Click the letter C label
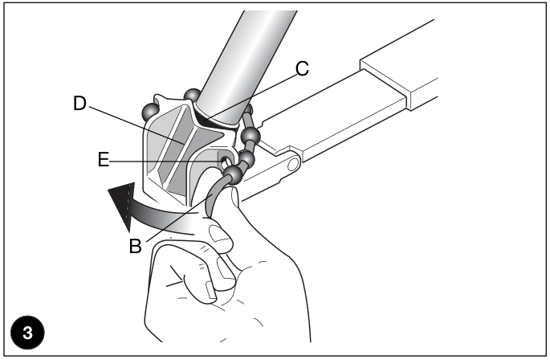click(x=302, y=68)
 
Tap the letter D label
click(x=79, y=104)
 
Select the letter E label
click(x=103, y=160)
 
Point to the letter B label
click(x=136, y=246)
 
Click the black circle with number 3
click(x=28, y=332)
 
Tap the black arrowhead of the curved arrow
click(x=122, y=204)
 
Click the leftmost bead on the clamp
click(x=150, y=112)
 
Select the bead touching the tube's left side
click(x=192, y=95)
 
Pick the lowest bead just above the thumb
click(x=232, y=175)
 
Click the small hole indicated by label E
click(x=225, y=162)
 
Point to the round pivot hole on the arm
click(x=293, y=165)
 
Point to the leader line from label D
click(x=136, y=125)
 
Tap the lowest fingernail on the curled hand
click(x=211, y=290)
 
